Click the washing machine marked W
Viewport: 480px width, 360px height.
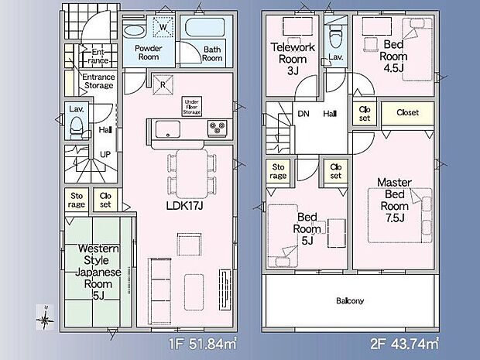point(163,27)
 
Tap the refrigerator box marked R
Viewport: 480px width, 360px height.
point(163,84)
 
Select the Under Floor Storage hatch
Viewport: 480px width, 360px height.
point(192,107)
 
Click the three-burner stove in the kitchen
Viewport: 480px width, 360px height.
point(217,128)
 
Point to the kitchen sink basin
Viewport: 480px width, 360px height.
point(168,129)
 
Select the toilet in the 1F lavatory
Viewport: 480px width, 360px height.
point(77,128)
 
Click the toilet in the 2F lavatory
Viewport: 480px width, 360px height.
point(335,36)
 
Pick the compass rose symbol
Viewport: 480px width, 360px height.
point(45,317)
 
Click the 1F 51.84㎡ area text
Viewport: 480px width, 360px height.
point(202,344)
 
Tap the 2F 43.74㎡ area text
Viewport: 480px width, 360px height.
point(404,344)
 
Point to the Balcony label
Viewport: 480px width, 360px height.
point(350,300)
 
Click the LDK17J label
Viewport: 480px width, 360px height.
point(184,205)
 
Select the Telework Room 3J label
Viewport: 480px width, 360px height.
point(293,59)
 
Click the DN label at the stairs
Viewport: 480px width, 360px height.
point(303,114)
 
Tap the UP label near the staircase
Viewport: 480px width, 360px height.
point(105,154)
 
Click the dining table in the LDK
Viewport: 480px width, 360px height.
point(192,173)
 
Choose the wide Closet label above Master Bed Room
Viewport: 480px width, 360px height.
point(407,113)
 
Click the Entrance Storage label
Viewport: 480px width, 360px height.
point(99,81)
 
